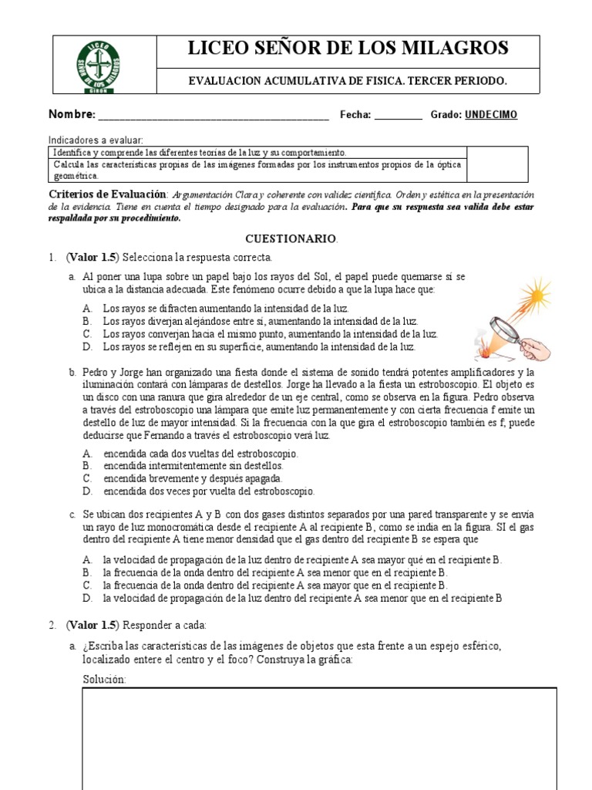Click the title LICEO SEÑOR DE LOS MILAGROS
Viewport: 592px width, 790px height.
[x=348, y=49]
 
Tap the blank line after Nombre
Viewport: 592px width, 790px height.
[x=213, y=116]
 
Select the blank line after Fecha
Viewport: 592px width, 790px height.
[x=398, y=116]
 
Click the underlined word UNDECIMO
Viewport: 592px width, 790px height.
[x=491, y=115]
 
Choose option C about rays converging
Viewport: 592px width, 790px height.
[x=270, y=334]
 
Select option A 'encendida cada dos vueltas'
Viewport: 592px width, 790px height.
[x=200, y=454]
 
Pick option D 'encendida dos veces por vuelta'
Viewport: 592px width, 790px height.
[x=208, y=491]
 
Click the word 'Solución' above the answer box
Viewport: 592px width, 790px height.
[x=103, y=679]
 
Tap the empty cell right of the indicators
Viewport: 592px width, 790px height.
[x=498, y=164]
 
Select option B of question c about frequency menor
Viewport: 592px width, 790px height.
[x=274, y=572]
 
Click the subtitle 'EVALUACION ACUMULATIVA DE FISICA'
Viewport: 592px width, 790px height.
[x=348, y=81]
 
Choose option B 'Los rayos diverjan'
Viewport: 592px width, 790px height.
[x=261, y=321]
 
